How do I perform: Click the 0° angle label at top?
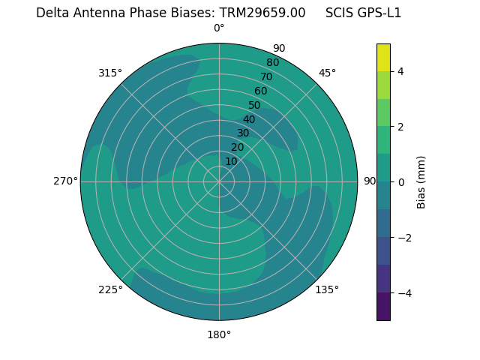219,28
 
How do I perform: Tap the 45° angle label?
327,73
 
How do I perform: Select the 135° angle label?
327,289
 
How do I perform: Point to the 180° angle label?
219,334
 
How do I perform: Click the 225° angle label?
110,289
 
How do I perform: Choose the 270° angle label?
65,181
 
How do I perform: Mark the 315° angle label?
110,73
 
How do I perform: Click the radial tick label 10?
231,161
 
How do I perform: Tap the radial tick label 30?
243,133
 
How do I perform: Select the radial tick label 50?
254,106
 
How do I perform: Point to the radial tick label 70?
266,77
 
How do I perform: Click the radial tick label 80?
272,63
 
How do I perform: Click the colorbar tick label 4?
400,71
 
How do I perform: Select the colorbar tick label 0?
400,182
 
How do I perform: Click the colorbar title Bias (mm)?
421,182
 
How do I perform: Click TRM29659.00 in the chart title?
262,13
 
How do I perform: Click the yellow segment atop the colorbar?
383,58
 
